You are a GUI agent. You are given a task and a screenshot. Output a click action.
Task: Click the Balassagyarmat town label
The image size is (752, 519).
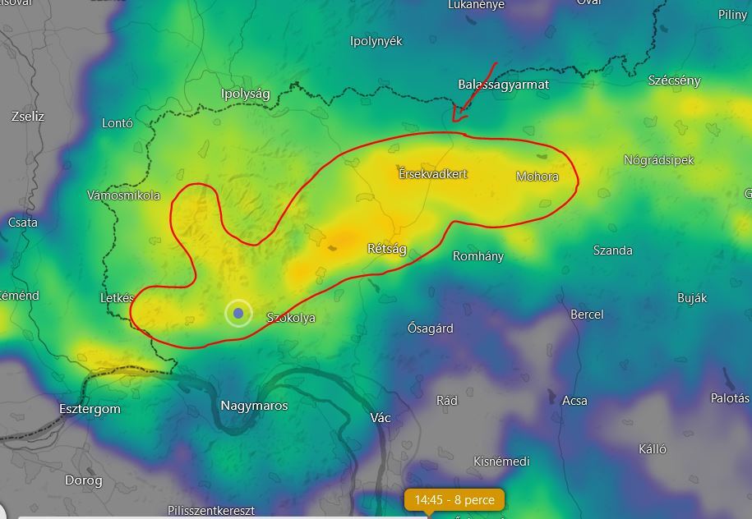[x=503, y=85]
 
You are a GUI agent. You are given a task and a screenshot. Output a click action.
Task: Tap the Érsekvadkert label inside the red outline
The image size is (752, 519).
[x=433, y=174]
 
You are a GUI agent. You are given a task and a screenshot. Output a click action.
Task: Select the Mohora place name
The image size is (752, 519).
[x=537, y=177]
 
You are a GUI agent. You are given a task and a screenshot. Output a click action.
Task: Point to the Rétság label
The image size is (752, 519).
[x=386, y=249]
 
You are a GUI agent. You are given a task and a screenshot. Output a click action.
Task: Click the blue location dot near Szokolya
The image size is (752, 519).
[x=238, y=313]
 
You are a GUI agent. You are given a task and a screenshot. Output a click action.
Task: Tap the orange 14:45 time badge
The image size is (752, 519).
[x=454, y=499]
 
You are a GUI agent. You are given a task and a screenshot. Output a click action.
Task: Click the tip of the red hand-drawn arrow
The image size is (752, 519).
[x=454, y=121]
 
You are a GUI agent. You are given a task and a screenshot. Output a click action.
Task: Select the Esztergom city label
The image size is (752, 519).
[x=90, y=409]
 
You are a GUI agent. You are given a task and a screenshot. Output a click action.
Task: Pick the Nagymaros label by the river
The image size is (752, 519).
[x=254, y=406]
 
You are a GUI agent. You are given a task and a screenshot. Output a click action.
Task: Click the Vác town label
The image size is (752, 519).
[x=381, y=418]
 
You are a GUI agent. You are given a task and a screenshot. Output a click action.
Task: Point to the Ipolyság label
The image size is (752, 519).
[x=245, y=94]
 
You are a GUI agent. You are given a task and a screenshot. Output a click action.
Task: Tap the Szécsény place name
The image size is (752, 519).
[x=674, y=80]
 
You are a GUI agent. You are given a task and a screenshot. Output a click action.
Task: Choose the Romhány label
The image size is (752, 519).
[x=478, y=256]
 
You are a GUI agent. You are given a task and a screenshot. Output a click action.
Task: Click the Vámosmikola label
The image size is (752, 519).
[x=123, y=195]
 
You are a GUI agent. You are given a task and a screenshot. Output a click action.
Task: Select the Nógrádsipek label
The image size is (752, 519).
[x=659, y=160]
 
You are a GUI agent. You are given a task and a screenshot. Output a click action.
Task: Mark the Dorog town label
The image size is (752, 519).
[x=83, y=480]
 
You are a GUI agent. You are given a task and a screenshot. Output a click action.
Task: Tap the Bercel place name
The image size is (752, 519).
[x=587, y=315]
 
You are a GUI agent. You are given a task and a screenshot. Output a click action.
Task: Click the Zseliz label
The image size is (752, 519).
[x=28, y=117]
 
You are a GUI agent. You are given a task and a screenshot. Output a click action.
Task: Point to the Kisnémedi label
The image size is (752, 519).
[x=501, y=462]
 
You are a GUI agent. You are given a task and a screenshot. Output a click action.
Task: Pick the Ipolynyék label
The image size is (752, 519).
[x=376, y=41]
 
